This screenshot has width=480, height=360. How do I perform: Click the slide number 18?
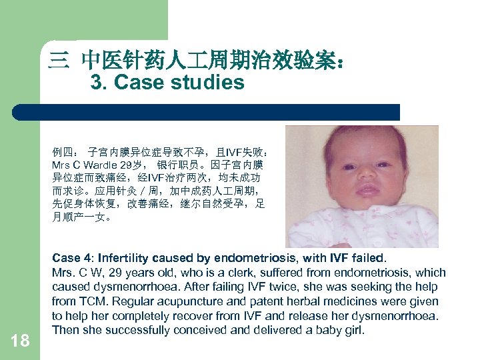tap(20, 341)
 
